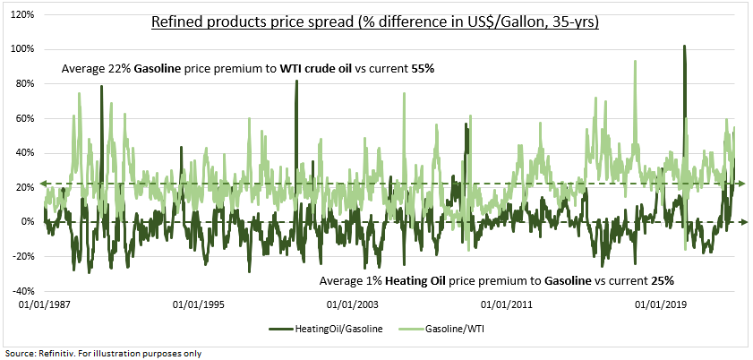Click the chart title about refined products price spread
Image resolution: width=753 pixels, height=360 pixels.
[x=375, y=22]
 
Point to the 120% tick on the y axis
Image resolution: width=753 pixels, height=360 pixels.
[x=23, y=15]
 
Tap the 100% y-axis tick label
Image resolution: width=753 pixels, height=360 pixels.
[x=23, y=49]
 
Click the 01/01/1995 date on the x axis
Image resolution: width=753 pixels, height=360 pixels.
[x=198, y=304]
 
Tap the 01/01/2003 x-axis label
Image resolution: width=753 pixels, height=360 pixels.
[x=352, y=304]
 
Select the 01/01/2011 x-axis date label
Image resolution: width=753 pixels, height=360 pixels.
[x=506, y=304]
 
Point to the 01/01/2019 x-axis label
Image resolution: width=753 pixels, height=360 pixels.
[x=660, y=304]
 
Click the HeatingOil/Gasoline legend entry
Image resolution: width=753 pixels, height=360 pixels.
[x=326, y=329]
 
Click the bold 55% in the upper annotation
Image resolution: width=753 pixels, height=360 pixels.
[x=423, y=69]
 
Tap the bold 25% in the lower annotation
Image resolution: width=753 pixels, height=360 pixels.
[x=663, y=281]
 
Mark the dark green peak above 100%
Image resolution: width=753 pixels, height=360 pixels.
[x=684, y=46]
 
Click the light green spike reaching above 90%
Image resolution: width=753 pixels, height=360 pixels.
[x=635, y=62]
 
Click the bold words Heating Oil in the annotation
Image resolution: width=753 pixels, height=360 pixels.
[x=409, y=281]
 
